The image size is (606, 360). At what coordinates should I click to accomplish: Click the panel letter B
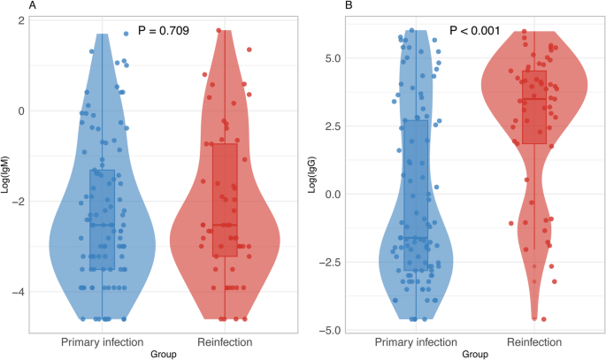pyautogui.click(x=323, y=6)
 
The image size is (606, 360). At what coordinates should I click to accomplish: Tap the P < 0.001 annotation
pyautogui.click(x=475, y=32)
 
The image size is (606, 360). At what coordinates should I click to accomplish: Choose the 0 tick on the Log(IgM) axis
pyautogui.click(x=22, y=111)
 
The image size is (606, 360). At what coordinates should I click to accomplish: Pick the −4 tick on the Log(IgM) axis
pyautogui.click(x=19, y=292)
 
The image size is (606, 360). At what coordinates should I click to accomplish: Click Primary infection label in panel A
pyautogui.click(x=102, y=341)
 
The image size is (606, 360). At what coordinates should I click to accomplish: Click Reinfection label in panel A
pyautogui.click(x=225, y=341)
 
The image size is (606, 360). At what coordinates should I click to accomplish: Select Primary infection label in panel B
pyautogui.click(x=416, y=341)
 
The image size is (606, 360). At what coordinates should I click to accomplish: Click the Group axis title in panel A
pyautogui.click(x=163, y=353)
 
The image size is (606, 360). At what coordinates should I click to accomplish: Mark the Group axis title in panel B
pyautogui.click(x=475, y=353)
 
